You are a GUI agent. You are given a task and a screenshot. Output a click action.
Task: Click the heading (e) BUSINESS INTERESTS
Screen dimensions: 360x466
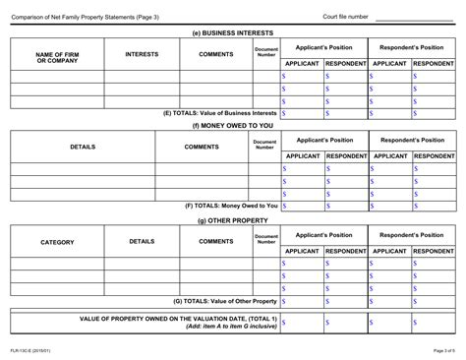(x=232, y=31)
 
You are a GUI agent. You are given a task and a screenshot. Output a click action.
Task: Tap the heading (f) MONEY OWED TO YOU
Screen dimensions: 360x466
(x=232, y=126)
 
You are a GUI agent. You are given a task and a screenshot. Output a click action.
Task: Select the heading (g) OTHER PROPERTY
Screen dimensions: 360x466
(x=232, y=220)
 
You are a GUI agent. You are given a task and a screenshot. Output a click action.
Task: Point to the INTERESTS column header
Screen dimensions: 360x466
(x=142, y=54)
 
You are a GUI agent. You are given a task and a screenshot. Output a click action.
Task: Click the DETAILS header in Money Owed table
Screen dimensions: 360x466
(x=83, y=149)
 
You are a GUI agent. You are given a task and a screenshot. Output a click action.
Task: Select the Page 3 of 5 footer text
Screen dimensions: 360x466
(x=438, y=350)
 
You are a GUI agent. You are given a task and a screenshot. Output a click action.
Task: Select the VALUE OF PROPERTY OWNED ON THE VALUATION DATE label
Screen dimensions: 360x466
(x=177, y=320)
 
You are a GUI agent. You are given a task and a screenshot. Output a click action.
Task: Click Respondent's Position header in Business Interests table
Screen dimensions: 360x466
(x=411, y=46)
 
